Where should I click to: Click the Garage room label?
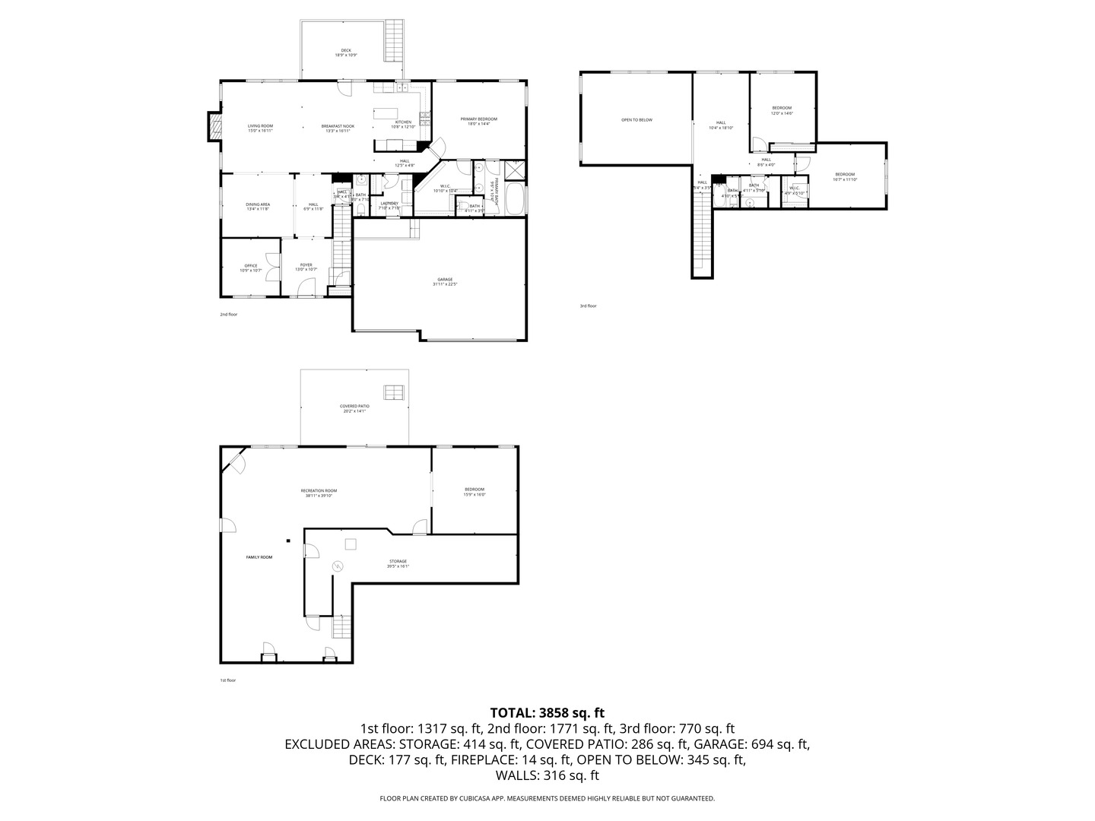pyautogui.click(x=445, y=281)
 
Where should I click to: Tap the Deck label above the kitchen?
pyautogui.click(x=346, y=53)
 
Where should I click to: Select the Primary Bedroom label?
pyautogui.click(x=478, y=121)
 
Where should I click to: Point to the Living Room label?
pyautogui.click(x=260, y=128)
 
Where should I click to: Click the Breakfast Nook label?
pyautogui.click(x=338, y=128)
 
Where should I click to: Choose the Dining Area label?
pyautogui.click(x=258, y=206)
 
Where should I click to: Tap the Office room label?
pyautogui.click(x=251, y=268)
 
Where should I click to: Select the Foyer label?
pyautogui.click(x=306, y=268)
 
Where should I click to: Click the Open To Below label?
pyautogui.click(x=636, y=119)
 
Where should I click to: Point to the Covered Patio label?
pyautogui.click(x=354, y=408)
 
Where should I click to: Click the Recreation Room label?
pyautogui.click(x=319, y=493)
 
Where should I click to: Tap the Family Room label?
pyautogui.click(x=259, y=557)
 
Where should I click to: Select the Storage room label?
pyautogui.click(x=398, y=563)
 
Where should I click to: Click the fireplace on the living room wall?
pyautogui.click(x=214, y=128)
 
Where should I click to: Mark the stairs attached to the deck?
pyautogui.click(x=394, y=41)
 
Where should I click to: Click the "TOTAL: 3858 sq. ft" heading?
pyautogui.click(x=547, y=713)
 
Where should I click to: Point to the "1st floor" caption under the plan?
pyautogui.click(x=227, y=680)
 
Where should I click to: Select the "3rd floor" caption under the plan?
pyautogui.click(x=588, y=306)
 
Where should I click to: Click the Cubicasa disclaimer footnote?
pyautogui.click(x=547, y=798)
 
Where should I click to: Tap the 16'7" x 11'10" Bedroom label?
pyautogui.click(x=845, y=176)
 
